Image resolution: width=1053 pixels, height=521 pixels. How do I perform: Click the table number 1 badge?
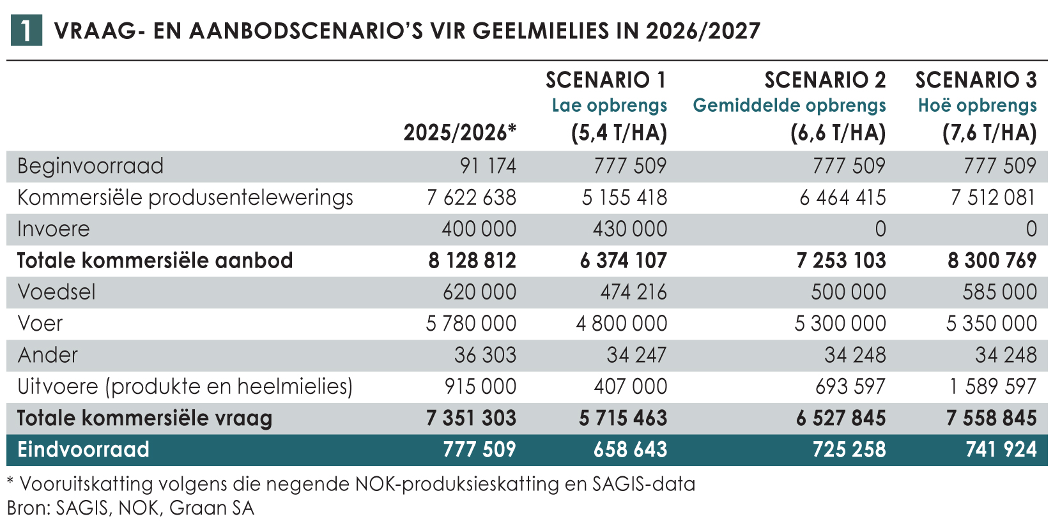(26, 31)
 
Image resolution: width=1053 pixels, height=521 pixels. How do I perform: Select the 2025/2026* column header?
(459, 132)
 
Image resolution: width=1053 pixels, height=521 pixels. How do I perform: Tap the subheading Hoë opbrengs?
(977, 105)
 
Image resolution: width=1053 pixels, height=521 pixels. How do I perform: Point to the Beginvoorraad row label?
(90, 166)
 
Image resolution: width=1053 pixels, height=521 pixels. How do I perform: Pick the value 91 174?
(488, 166)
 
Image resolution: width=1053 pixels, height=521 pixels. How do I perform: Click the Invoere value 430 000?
(629, 229)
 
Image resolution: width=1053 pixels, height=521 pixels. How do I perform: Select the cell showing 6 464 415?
(842, 197)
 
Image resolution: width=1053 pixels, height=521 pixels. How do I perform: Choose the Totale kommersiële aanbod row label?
(155, 260)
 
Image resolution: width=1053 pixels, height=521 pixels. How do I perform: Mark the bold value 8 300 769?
(992, 260)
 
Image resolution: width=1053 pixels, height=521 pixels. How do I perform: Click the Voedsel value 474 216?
(633, 292)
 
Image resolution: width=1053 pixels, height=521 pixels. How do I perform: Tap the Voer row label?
(40, 323)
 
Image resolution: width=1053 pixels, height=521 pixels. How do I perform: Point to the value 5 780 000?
(471, 323)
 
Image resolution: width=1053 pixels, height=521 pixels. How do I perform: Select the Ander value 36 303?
(485, 354)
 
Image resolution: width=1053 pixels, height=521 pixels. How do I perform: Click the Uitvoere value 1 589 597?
(992, 386)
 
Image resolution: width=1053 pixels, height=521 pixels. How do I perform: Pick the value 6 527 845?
(841, 418)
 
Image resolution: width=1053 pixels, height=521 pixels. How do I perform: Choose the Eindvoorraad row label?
(83, 449)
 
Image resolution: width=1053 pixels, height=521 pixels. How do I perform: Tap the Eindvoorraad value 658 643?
(629, 449)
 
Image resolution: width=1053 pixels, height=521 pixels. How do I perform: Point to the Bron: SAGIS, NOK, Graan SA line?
(130, 508)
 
